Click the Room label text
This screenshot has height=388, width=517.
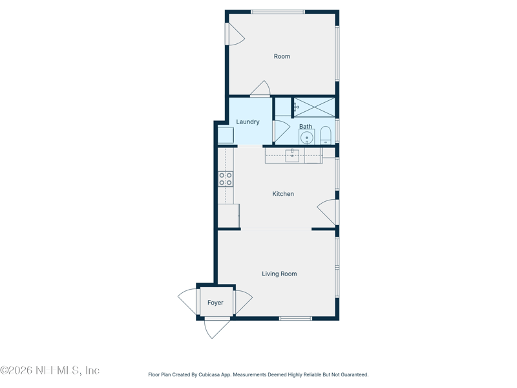282,57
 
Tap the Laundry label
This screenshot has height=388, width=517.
248,122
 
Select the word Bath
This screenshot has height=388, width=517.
305,126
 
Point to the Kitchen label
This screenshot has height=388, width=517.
283,194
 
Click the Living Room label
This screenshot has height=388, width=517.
279,274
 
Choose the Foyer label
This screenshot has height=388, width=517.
215,303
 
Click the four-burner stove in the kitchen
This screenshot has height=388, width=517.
226,178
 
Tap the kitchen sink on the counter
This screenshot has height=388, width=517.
292,155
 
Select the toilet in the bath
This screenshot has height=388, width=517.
326,135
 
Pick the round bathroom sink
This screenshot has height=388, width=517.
306,138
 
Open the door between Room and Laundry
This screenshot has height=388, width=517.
260,89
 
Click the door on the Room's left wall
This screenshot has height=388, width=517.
234,35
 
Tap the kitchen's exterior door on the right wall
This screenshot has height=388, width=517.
328,212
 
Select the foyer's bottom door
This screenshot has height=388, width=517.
216,327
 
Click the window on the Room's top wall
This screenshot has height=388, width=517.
278,12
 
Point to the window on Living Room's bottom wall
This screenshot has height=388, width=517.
295,318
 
